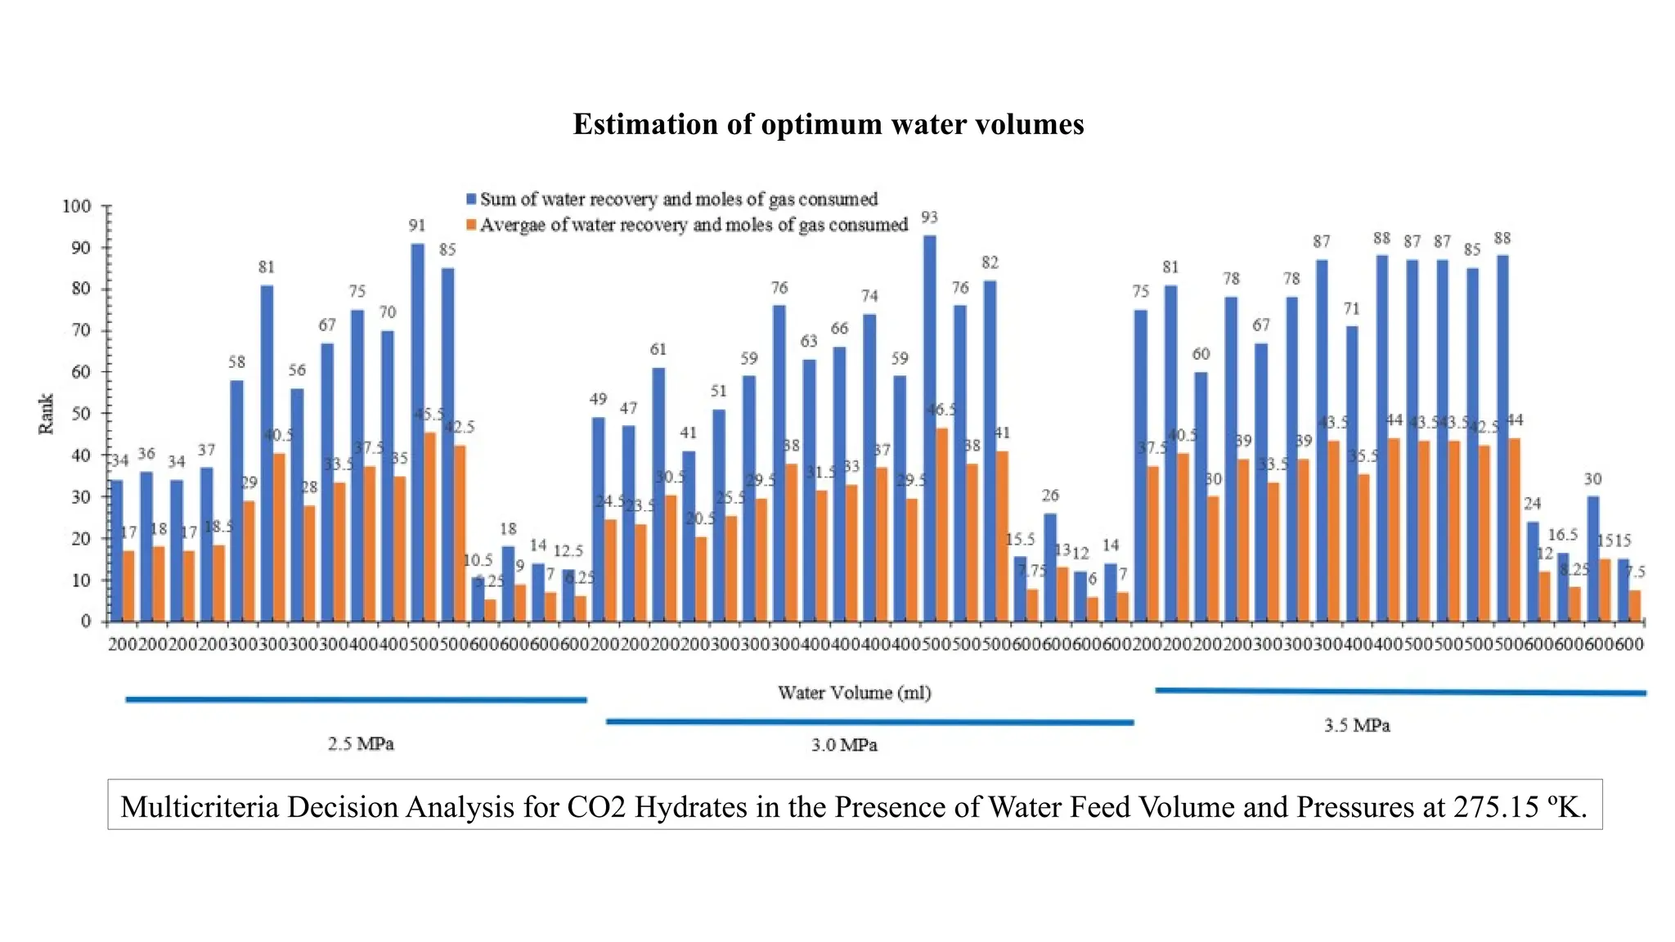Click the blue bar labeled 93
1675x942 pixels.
pyautogui.click(x=929, y=428)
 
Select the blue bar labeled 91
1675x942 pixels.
pyautogui.click(x=417, y=433)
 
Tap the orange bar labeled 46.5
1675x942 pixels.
pyautogui.click(x=942, y=524)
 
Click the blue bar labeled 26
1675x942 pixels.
pyautogui.click(x=1050, y=567)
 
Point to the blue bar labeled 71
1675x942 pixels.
pyautogui.click(x=1351, y=473)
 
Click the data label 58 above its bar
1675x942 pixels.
pyautogui.click(x=236, y=362)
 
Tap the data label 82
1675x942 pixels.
pyautogui.click(x=990, y=262)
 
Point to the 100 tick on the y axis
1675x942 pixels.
pyautogui.click(x=76, y=206)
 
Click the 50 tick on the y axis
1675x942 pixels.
pyautogui.click(x=79, y=414)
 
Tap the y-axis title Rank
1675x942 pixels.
pyautogui.click(x=46, y=414)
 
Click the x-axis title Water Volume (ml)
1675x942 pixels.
pyautogui.click(x=854, y=693)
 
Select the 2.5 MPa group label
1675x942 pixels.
pyautogui.click(x=361, y=744)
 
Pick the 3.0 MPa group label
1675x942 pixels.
pyautogui.click(x=844, y=745)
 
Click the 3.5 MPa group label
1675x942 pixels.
pyautogui.click(x=1357, y=725)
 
